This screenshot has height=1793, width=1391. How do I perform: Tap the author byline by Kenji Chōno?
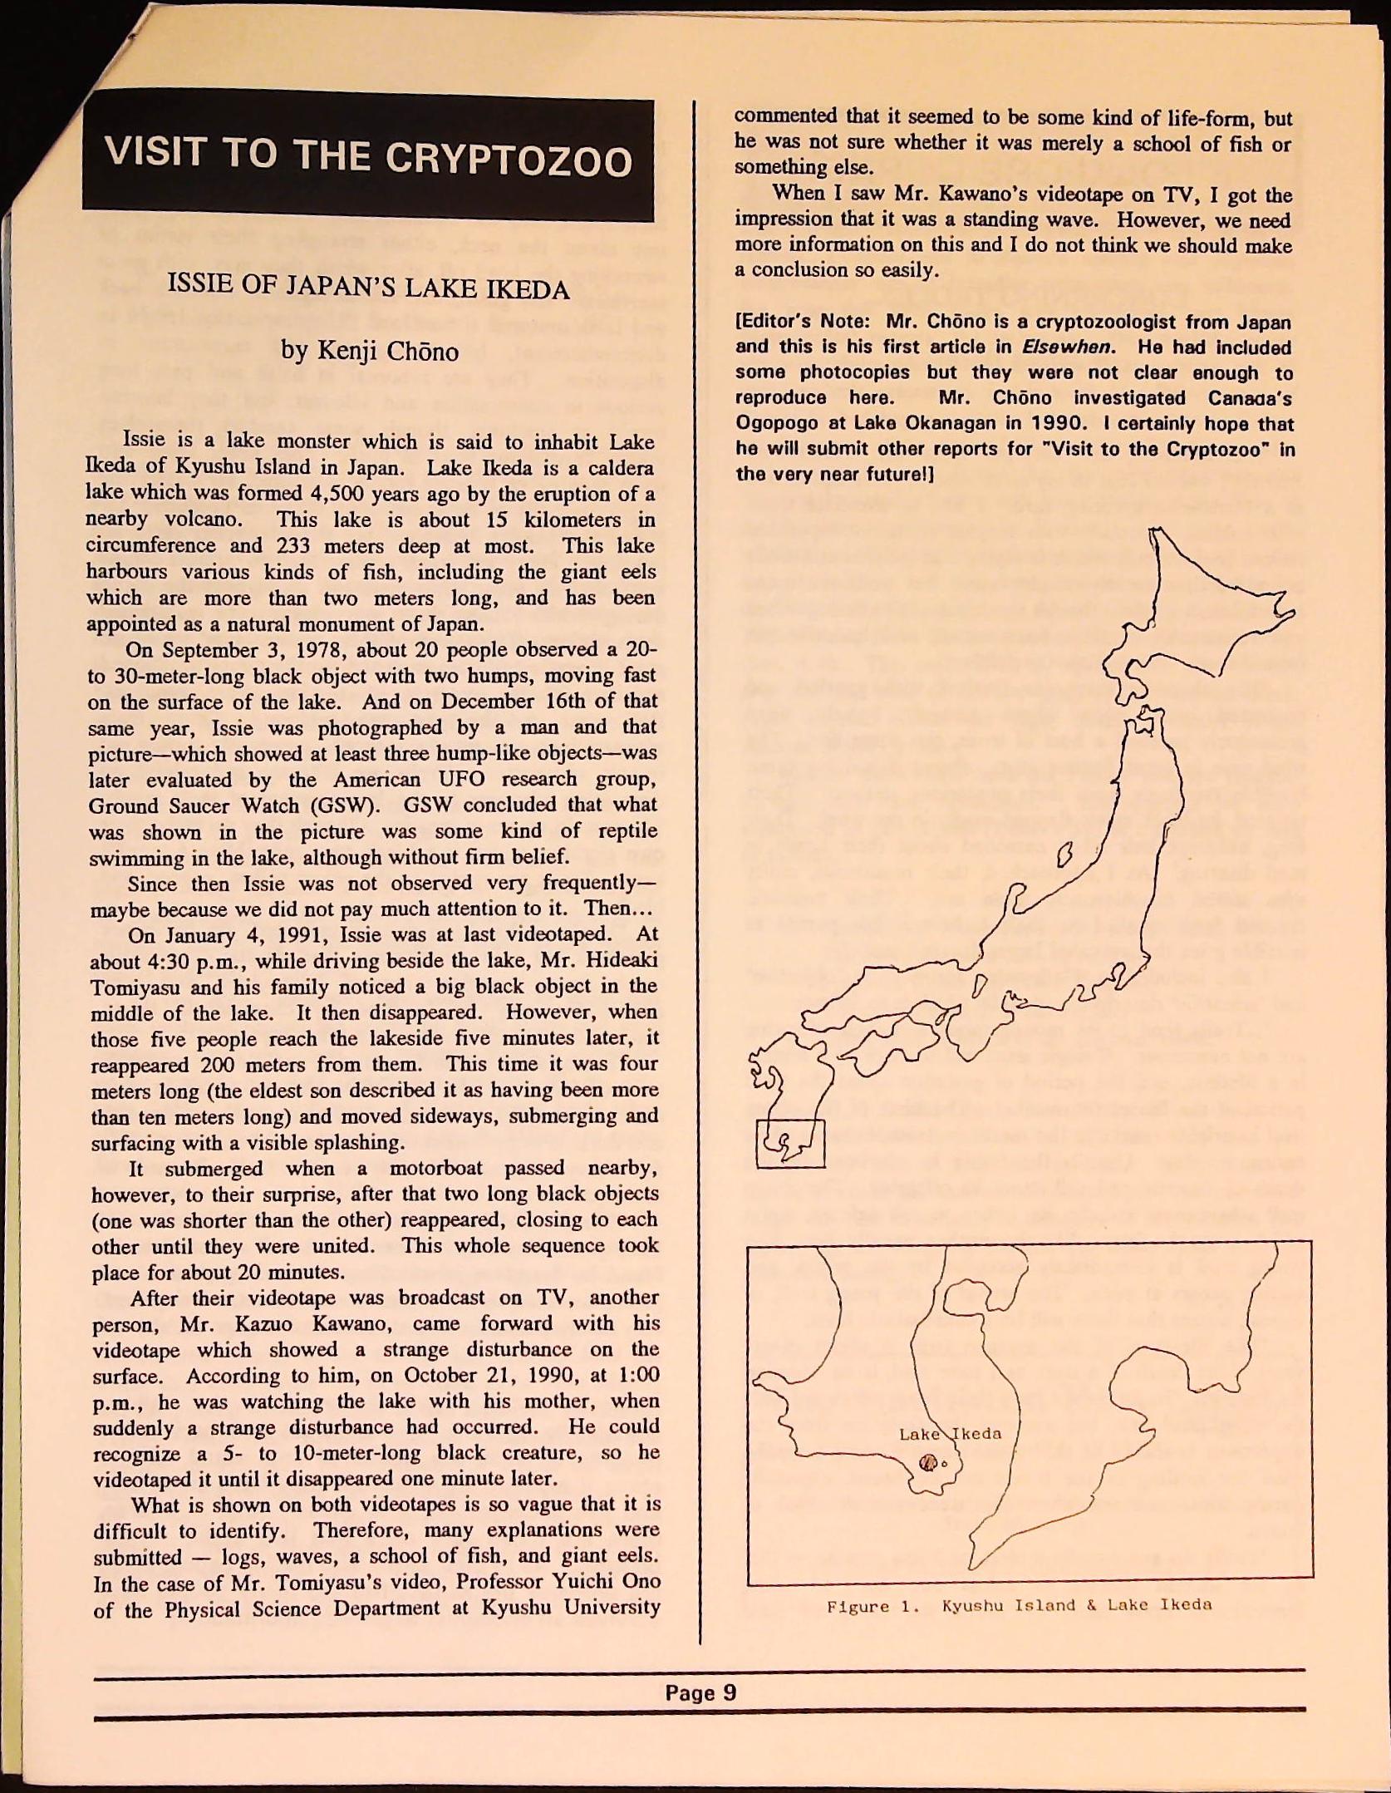coord(369,351)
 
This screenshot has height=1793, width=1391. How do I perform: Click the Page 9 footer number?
coord(700,1692)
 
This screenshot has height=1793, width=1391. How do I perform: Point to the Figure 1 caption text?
coord(1019,1606)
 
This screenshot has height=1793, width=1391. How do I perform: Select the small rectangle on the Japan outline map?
coord(790,1143)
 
